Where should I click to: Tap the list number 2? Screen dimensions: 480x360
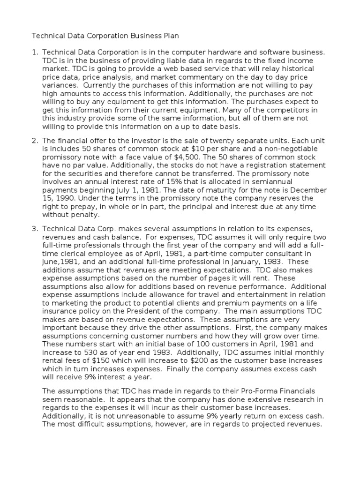(34, 141)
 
